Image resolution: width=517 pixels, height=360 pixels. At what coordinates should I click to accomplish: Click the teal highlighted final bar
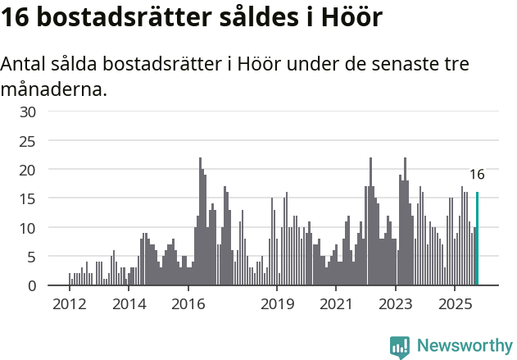[477, 239]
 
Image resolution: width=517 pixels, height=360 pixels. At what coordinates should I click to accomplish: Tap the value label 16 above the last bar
[477, 174]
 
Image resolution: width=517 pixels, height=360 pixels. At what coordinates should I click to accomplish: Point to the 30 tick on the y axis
[28, 112]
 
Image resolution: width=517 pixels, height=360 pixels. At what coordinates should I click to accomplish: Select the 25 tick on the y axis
[28, 140]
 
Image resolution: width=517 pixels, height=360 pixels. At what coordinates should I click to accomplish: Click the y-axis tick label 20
[28, 170]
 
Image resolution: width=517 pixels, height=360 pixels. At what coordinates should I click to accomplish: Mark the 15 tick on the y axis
[28, 198]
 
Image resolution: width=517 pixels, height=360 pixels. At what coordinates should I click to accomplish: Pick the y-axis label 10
[28, 228]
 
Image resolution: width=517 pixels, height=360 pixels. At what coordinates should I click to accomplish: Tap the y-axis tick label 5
[32, 257]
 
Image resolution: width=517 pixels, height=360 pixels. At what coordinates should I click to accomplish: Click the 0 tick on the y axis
[32, 285]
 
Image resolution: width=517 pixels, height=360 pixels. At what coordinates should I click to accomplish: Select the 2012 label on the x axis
[69, 305]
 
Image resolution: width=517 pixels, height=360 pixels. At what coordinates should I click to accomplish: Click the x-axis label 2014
[128, 305]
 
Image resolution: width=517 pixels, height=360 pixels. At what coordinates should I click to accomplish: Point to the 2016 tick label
[188, 305]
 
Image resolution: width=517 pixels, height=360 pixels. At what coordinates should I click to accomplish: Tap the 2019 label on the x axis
[277, 305]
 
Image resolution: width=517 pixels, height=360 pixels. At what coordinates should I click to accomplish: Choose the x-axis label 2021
[336, 305]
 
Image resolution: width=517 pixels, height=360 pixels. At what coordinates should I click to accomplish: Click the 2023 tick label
[396, 305]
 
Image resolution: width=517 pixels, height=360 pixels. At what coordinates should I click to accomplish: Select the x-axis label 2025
[455, 305]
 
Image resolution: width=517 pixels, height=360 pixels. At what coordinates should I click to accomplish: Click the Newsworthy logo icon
[400, 346]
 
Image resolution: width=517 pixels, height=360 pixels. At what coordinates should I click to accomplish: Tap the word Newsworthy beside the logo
[464, 346]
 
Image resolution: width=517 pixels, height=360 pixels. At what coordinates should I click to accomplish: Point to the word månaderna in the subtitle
[53, 88]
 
